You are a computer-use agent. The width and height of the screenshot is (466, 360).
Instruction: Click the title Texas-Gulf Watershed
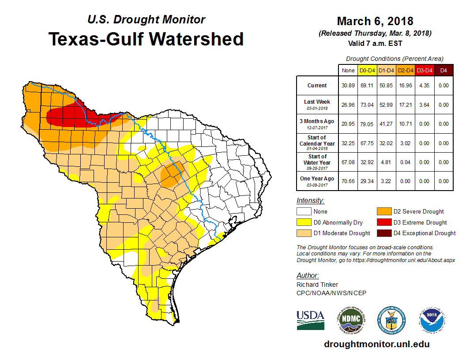pyautogui.click(x=146, y=39)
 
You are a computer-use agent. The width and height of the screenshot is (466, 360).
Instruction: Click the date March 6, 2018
pyautogui.click(x=375, y=21)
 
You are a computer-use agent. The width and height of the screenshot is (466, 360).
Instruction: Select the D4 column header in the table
pyautogui.click(x=443, y=70)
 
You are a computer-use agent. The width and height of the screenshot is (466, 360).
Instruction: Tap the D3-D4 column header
pyautogui.click(x=424, y=70)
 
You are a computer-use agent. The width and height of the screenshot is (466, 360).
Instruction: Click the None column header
pyautogui.click(x=348, y=70)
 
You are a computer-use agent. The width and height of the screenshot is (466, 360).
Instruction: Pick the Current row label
pyautogui.click(x=317, y=86)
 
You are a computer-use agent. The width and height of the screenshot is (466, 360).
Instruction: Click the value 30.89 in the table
pyautogui.click(x=348, y=86)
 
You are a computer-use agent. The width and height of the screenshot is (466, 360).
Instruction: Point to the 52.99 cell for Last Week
pyautogui.click(x=386, y=105)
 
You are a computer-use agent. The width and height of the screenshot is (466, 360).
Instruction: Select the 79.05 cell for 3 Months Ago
pyautogui.click(x=367, y=124)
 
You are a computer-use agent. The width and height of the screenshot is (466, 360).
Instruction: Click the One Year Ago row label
pyautogui.click(x=317, y=179)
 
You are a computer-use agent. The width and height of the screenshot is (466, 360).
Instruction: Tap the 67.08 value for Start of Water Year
pyautogui.click(x=348, y=162)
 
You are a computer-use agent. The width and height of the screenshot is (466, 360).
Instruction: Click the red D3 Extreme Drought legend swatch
pyautogui.click(x=383, y=222)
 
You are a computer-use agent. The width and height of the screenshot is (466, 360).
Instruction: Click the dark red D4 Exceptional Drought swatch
pyautogui.click(x=383, y=233)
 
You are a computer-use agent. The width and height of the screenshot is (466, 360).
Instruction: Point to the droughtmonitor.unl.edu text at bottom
pyautogui.click(x=376, y=344)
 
